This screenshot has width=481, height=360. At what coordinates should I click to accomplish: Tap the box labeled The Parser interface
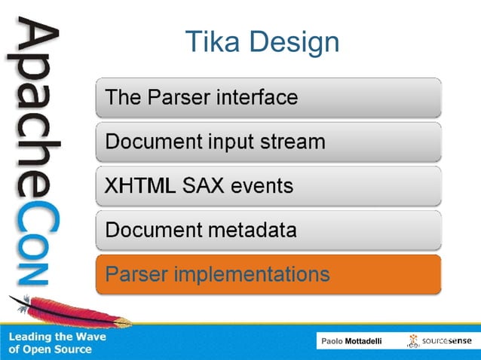[x=268, y=97]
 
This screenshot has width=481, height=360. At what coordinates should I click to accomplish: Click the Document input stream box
[x=268, y=142]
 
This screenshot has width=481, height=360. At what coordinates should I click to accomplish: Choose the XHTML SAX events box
[x=268, y=185]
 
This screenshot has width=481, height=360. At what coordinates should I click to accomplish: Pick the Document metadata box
[x=268, y=230]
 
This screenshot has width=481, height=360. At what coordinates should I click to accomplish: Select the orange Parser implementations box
[x=268, y=274]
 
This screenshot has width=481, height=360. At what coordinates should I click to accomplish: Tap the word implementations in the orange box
[x=252, y=274]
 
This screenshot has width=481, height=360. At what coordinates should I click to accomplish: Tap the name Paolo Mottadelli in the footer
[x=351, y=341]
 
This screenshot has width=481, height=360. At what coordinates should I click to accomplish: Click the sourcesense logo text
[x=448, y=340]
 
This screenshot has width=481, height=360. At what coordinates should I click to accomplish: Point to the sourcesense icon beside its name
[x=414, y=340]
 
